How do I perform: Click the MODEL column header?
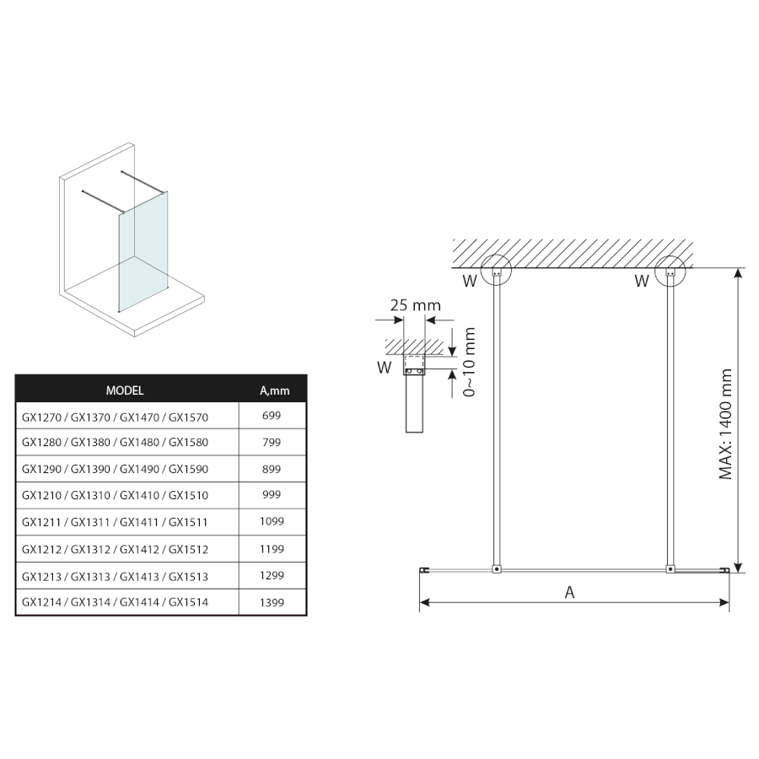coord(125,390)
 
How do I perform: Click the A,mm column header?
coord(274,390)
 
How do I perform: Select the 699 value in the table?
coord(272,416)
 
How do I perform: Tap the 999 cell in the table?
coord(272,495)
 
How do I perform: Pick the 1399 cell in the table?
coord(272,602)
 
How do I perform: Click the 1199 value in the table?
coord(272,549)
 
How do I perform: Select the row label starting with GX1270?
coord(115,417)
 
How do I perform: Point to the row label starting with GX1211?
coord(115,522)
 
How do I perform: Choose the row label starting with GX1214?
coord(115,602)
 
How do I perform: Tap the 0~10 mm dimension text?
coord(471,363)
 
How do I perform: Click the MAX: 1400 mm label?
coord(726,423)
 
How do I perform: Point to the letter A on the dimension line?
coord(569,592)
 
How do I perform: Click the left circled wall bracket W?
coord(498,272)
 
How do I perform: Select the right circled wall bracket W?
coord(671,272)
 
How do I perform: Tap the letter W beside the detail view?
coord(385,367)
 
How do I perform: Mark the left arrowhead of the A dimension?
coord(424,602)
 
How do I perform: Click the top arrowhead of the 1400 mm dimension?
coord(739,273)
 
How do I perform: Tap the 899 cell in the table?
coord(272,468)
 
